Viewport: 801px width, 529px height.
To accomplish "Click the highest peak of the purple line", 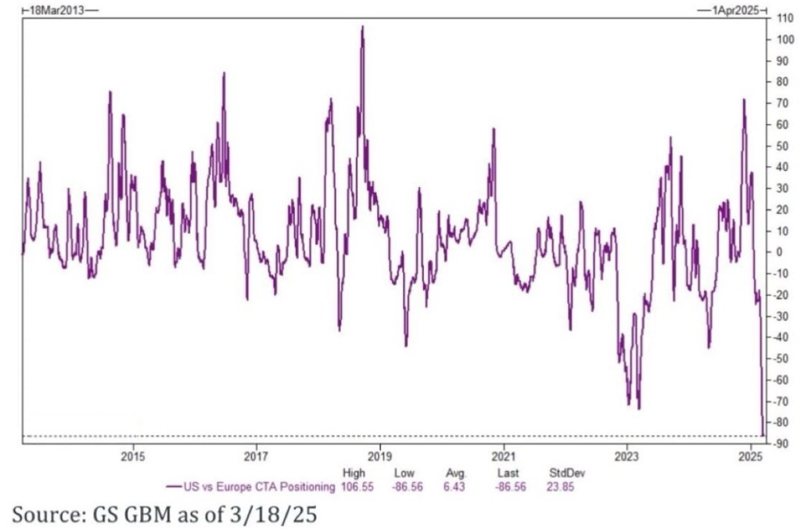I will (x=362, y=27).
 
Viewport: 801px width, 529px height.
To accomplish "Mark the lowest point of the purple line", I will (x=763, y=435).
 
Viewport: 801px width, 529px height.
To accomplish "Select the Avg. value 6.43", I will (x=454, y=486).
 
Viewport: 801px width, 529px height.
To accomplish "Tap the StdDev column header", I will (x=566, y=473).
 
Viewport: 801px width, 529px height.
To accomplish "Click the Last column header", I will (x=508, y=473).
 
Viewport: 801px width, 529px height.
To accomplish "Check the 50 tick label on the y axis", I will (x=782, y=146).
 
